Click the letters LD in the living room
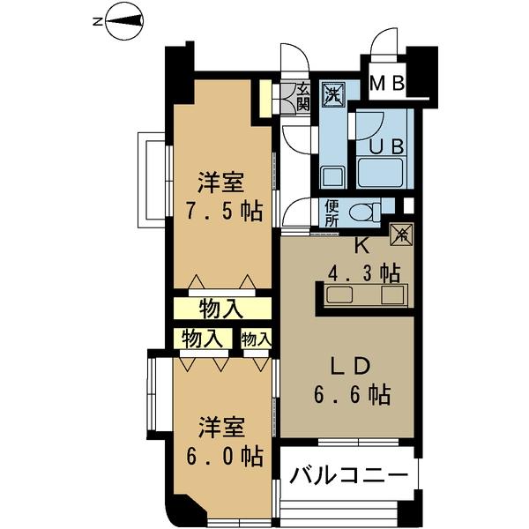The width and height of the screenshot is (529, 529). click(x=354, y=366)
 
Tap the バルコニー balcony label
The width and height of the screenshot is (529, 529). click(x=350, y=477)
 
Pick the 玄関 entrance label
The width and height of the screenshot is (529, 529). click(x=303, y=96)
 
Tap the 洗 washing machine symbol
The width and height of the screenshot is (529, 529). click(x=333, y=92)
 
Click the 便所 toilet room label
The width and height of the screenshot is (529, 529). click(x=332, y=214)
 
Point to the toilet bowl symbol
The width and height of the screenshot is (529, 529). click(x=364, y=212)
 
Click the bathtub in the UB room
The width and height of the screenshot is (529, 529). click(x=381, y=172)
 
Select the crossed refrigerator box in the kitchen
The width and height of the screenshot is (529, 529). click(x=400, y=235)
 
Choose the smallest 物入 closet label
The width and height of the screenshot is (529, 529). click(x=256, y=339)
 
